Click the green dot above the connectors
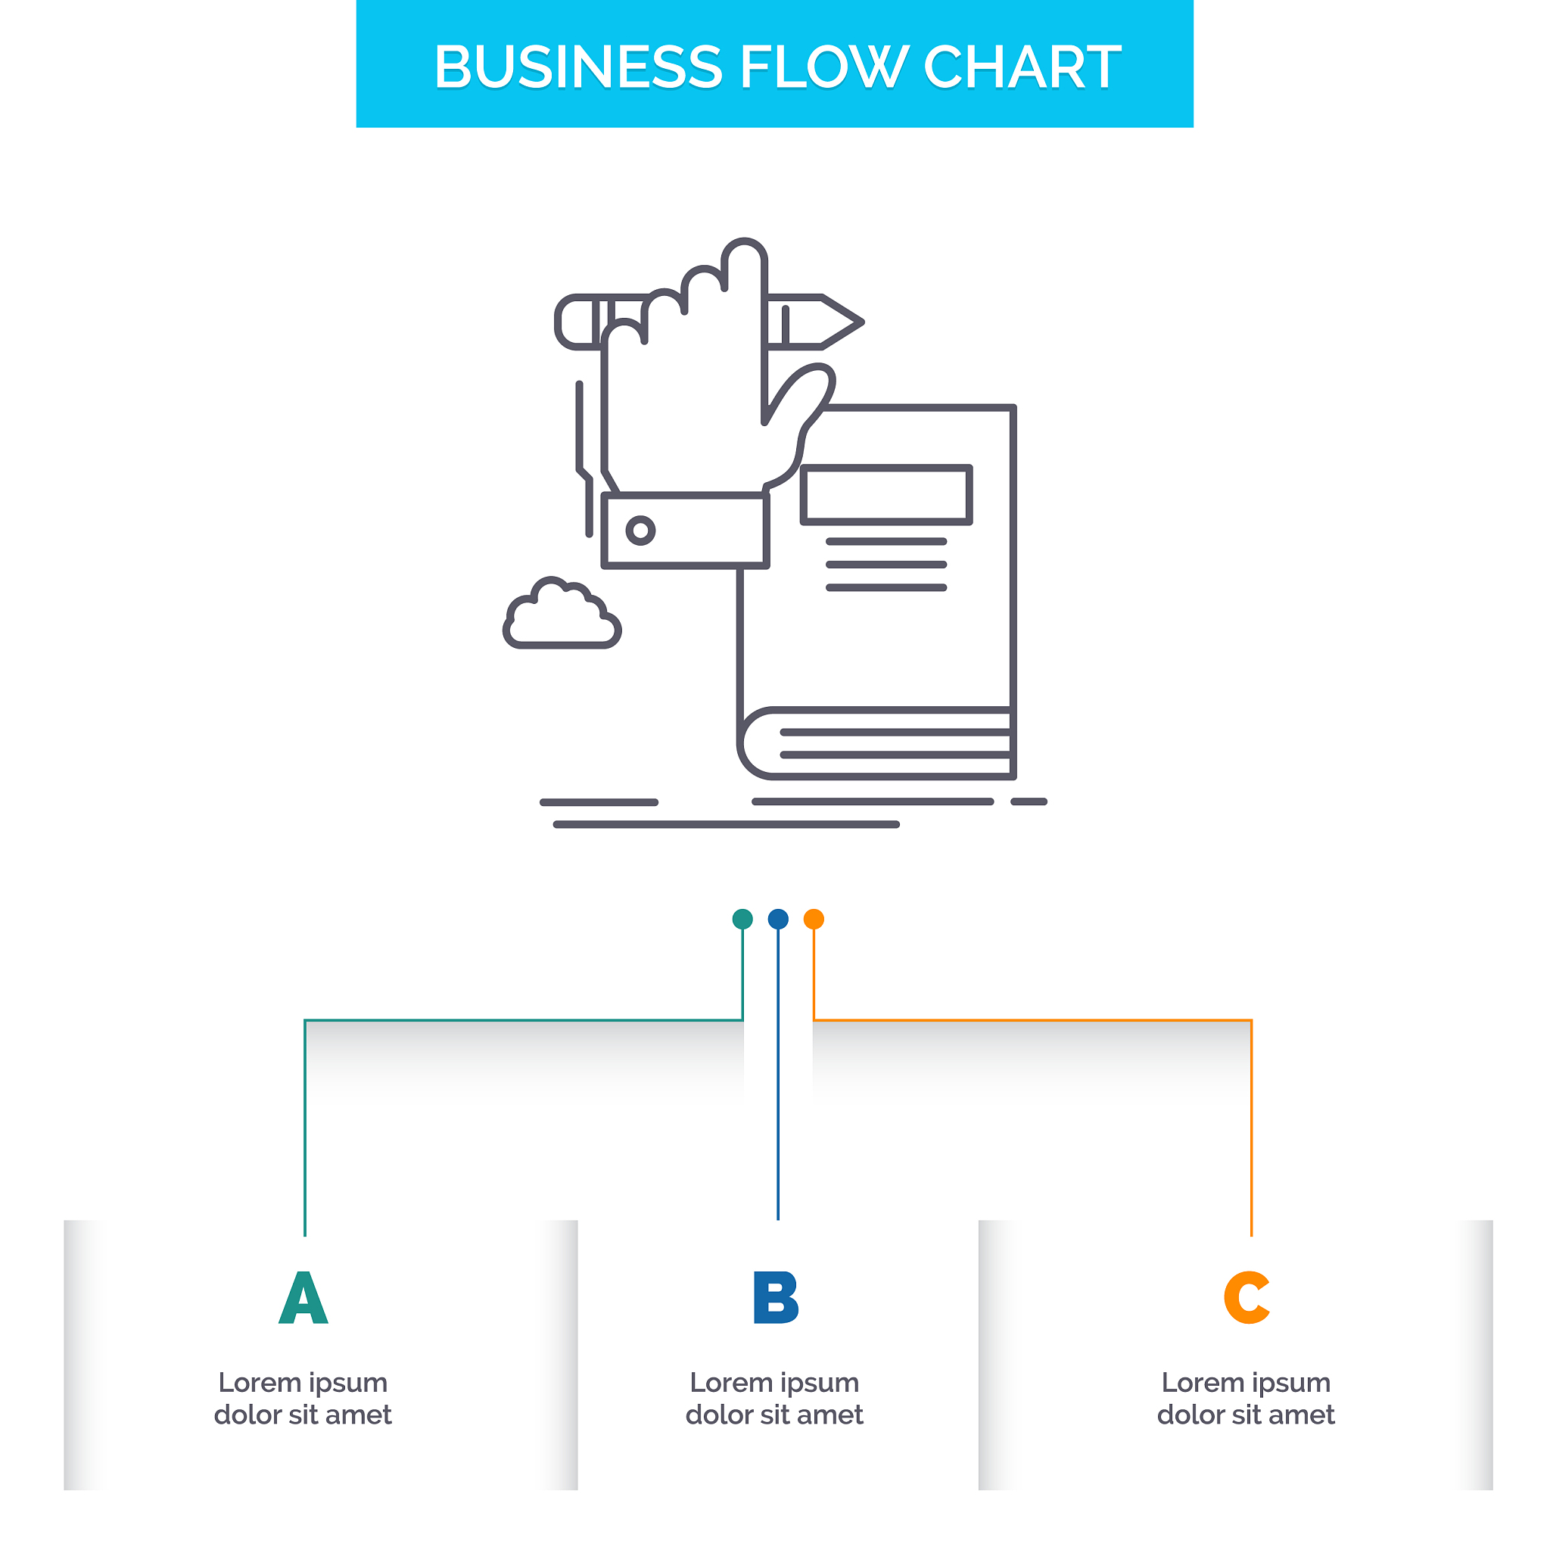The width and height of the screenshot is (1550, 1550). point(742,919)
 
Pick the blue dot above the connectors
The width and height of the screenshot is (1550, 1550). point(777,919)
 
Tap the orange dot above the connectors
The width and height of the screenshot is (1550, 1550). point(814,919)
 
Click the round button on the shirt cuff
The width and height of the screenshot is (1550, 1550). point(640,531)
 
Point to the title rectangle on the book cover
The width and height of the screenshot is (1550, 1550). point(886,495)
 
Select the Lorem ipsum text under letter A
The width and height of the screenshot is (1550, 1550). point(303,1399)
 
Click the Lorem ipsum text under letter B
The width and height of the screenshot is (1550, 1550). point(774,1399)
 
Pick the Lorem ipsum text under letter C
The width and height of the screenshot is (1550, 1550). point(1246,1399)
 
